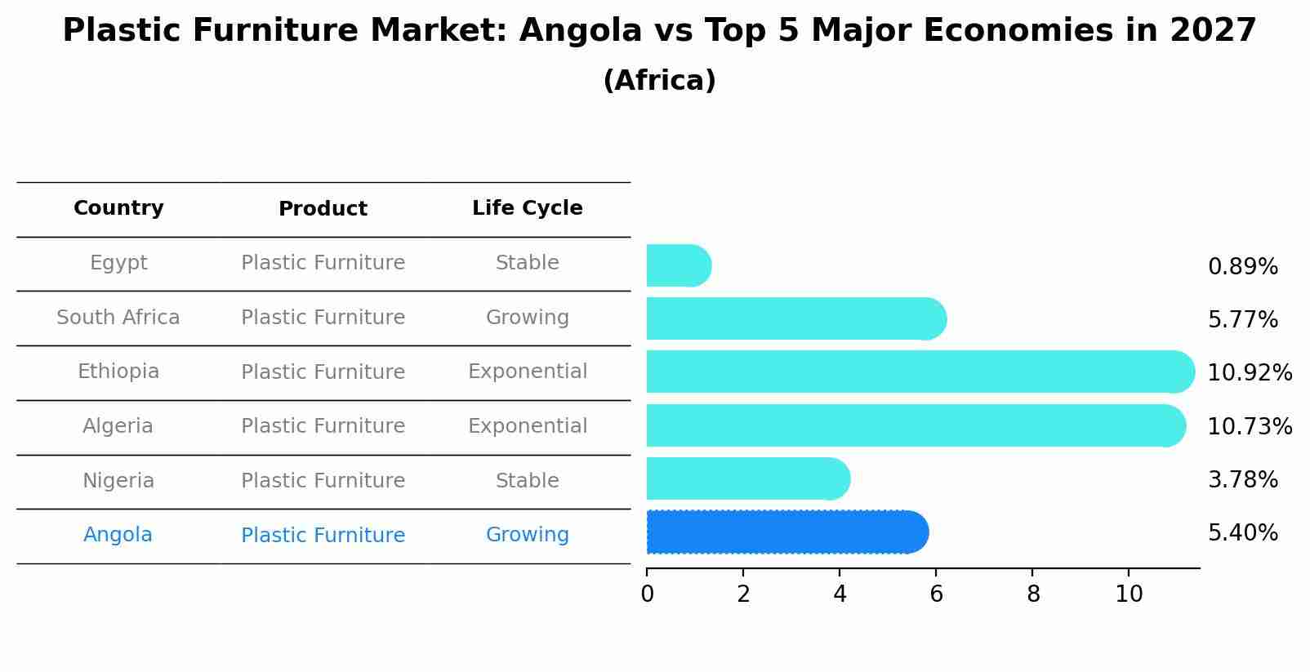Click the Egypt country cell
coord(118,263)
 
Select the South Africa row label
coord(118,318)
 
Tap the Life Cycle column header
coord(527,208)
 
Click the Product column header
coord(323,209)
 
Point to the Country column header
coord(118,208)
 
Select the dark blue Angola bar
coord(784,532)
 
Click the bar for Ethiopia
coord(915,372)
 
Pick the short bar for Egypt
coord(676,265)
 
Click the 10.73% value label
coord(1249,426)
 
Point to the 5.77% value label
coord(1242,320)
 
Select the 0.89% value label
coord(1242,267)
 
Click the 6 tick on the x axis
coord(936,594)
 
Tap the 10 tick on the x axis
coord(1129,594)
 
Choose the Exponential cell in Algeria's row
coord(527,426)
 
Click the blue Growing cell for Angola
coord(527,535)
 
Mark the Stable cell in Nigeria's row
coord(527,481)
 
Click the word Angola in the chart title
coord(581,31)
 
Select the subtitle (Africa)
coord(659,81)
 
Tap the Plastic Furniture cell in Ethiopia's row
coord(323,372)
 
